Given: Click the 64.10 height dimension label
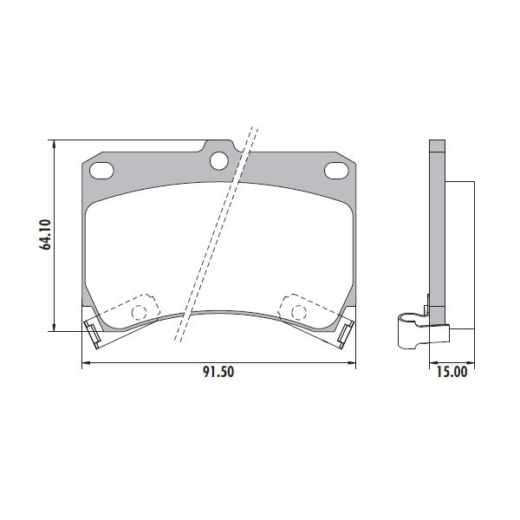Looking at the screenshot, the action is (x=45, y=234).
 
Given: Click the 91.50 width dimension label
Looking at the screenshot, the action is (x=218, y=372).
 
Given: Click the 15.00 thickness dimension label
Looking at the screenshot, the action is (x=452, y=372).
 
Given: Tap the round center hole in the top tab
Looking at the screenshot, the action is (x=219, y=161).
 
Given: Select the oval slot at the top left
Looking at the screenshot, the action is (x=101, y=171).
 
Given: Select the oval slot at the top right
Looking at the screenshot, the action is (x=336, y=171).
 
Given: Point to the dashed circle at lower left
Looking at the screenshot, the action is (x=139, y=312).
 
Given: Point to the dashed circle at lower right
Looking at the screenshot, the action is (x=299, y=312).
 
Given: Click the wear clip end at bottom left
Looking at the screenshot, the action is (x=93, y=335).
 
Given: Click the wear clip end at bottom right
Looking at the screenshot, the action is (x=345, y=335).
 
